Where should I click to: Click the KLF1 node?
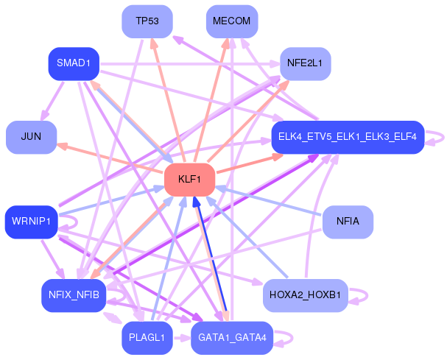[x=189, y=180]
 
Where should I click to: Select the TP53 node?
[x=147, y=21]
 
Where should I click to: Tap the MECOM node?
[x=232, y=21]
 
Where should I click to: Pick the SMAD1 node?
[x=74, y=63]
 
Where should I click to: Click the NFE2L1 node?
[x=306, y=63]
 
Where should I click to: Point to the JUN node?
[x=32, y=137]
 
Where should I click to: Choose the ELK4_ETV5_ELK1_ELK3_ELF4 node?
[x=348, y=137]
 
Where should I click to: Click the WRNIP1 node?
[x=32, y=222]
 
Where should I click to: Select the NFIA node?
[x=348, y=222]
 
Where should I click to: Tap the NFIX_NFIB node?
[x=74, y=295]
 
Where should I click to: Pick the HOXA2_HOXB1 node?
[x=306, y=295]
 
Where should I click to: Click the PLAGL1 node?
[x=147, y=338]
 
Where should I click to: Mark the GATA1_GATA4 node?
[x=232, y=338]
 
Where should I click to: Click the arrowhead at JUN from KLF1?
[x=62, y=147]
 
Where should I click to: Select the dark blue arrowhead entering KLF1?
[x=196, y=202]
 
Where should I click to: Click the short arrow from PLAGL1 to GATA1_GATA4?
[x=182, y=338]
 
